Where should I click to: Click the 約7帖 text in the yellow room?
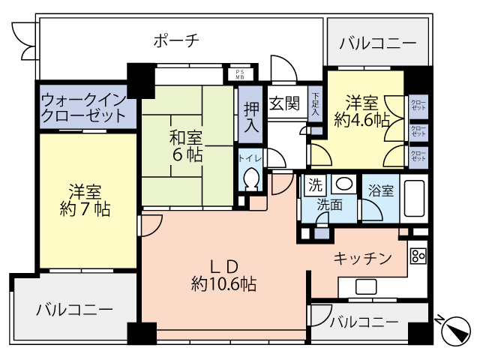tap(85, 209)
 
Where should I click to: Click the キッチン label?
tap(362, 259)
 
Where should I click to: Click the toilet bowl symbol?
tap(250, 181)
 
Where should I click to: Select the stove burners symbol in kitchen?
tap(418, 255)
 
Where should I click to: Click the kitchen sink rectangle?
tap(365, 285)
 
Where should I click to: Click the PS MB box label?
tap(240, 73)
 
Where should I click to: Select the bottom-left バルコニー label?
tap(74, 309)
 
